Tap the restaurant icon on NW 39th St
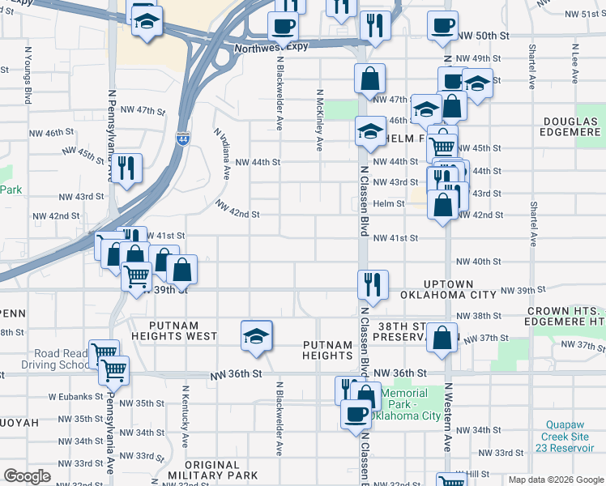pyautogui.click(x=373, y=285)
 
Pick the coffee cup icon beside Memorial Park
pyautogui.click(x=353, y=415)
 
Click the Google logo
pyautogui.click(x=28, y=475)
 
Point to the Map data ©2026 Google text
pyautogui.click(x=555, y=480)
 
